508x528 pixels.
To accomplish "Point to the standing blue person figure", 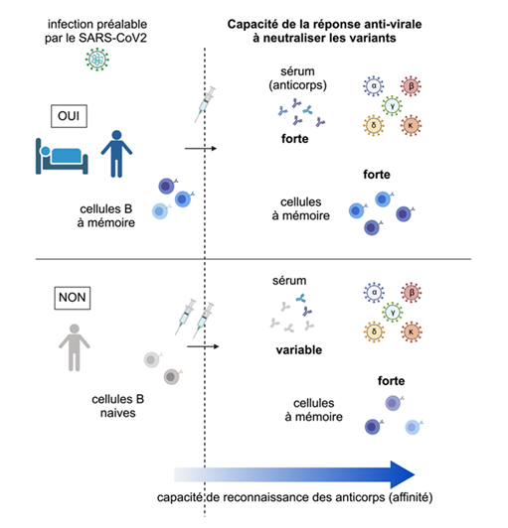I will coord(117,151).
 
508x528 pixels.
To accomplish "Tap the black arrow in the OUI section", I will coord(201,148).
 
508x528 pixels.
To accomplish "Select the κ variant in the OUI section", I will coord(409,127).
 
